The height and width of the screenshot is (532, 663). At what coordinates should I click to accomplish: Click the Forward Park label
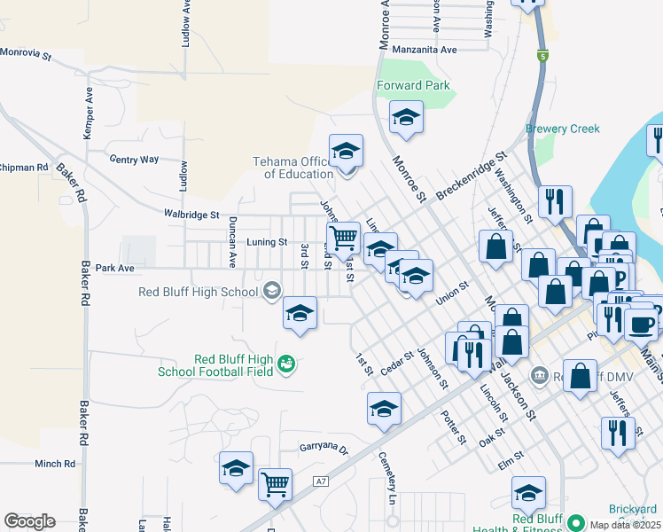(x=412, y=86)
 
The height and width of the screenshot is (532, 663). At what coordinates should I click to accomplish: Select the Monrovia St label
(x=26, y=54)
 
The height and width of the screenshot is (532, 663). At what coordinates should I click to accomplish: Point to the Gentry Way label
(x=133, y=160)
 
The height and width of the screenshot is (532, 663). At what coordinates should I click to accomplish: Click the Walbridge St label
(x=191, y=214)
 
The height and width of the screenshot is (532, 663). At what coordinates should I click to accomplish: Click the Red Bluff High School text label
(x=199, y=291)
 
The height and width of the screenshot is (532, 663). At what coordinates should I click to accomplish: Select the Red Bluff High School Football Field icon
(x=285, y=364)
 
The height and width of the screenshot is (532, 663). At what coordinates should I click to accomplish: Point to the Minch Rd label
(x=55, y=464)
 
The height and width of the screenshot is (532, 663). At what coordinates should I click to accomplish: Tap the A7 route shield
(x=321, y=481)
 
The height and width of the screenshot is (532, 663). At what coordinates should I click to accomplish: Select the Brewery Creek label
(x=562, y=129)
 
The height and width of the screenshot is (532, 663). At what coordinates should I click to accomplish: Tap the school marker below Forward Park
(x=406, y=117)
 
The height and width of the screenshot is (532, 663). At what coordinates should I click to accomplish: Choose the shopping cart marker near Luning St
(x=343, y=237)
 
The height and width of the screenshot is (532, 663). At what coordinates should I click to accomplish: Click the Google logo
(x=29, y=521)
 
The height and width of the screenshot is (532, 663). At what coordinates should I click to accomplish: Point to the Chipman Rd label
(x=24, y=167)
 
